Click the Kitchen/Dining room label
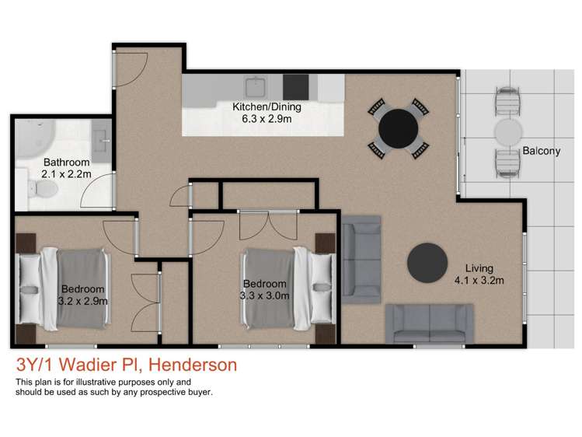(x=267, y=112)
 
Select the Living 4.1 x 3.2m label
(x=480, y=274)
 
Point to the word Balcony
(x=540, y=151)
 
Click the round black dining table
(x=398, y=128)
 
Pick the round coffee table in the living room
(x=428, y=263)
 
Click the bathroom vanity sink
(x=102, y=141)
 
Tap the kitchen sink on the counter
(x=256, y=86)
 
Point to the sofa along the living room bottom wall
(x=428, y=323)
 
